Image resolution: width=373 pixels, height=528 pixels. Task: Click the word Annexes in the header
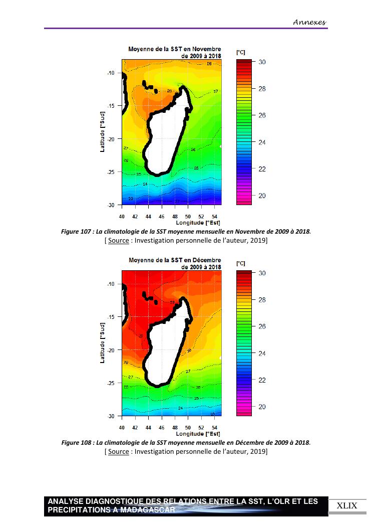[x=309, y=22]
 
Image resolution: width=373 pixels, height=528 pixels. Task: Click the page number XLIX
[x=346, y=505]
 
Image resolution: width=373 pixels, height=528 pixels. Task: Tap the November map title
[x=175, y=52]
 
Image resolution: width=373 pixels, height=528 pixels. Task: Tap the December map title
[x=175, y=263]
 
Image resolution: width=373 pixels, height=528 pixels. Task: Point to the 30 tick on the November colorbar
[x=262, y=62]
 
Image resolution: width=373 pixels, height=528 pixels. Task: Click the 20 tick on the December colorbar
[x=262, y=407]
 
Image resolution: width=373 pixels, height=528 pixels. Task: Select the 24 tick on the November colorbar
[x=262, y=142]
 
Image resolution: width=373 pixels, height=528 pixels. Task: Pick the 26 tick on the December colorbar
[x=262, y=326]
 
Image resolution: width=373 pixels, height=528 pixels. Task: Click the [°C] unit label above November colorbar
[x=240, y=52]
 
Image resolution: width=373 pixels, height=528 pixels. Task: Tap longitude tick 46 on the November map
[x=161, y=217]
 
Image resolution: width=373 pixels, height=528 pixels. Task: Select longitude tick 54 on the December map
[x=214, y=428]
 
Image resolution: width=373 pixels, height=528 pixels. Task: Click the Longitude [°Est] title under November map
[x=198, y=223]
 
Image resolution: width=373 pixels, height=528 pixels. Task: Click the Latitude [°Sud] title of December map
[x=102, y=343]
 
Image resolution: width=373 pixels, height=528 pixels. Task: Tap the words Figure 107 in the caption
[x=76, y=232]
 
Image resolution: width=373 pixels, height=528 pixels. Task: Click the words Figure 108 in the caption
[x=76, y=443]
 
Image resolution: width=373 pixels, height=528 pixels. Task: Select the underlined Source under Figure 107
[x=118, y=241]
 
